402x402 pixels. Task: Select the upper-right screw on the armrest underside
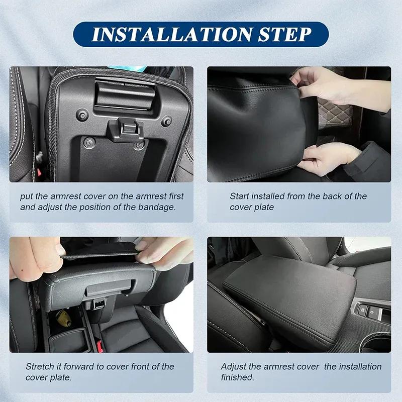(166, 121)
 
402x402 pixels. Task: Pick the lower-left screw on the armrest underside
(89, 142)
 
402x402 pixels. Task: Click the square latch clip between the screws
(126, 130)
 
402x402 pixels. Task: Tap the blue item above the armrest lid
(128, 68)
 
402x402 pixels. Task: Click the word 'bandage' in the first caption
(159, 207)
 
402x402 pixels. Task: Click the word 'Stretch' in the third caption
(39, 366)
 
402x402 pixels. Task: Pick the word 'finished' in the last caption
(238, 377)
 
